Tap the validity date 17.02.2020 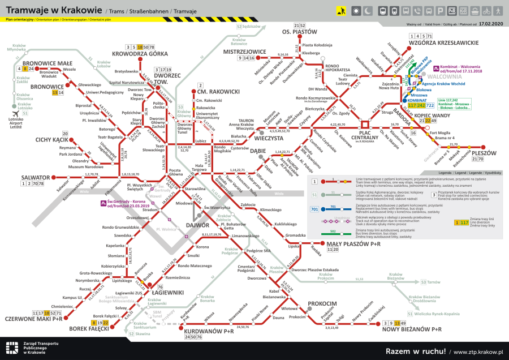tap(490, 25)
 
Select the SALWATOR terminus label tap(34, 177)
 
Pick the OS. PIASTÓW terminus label tap(300, 32)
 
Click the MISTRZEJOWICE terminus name tap(245, 52)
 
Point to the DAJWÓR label tap(197, 225)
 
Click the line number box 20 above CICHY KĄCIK tap(65, 133)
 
